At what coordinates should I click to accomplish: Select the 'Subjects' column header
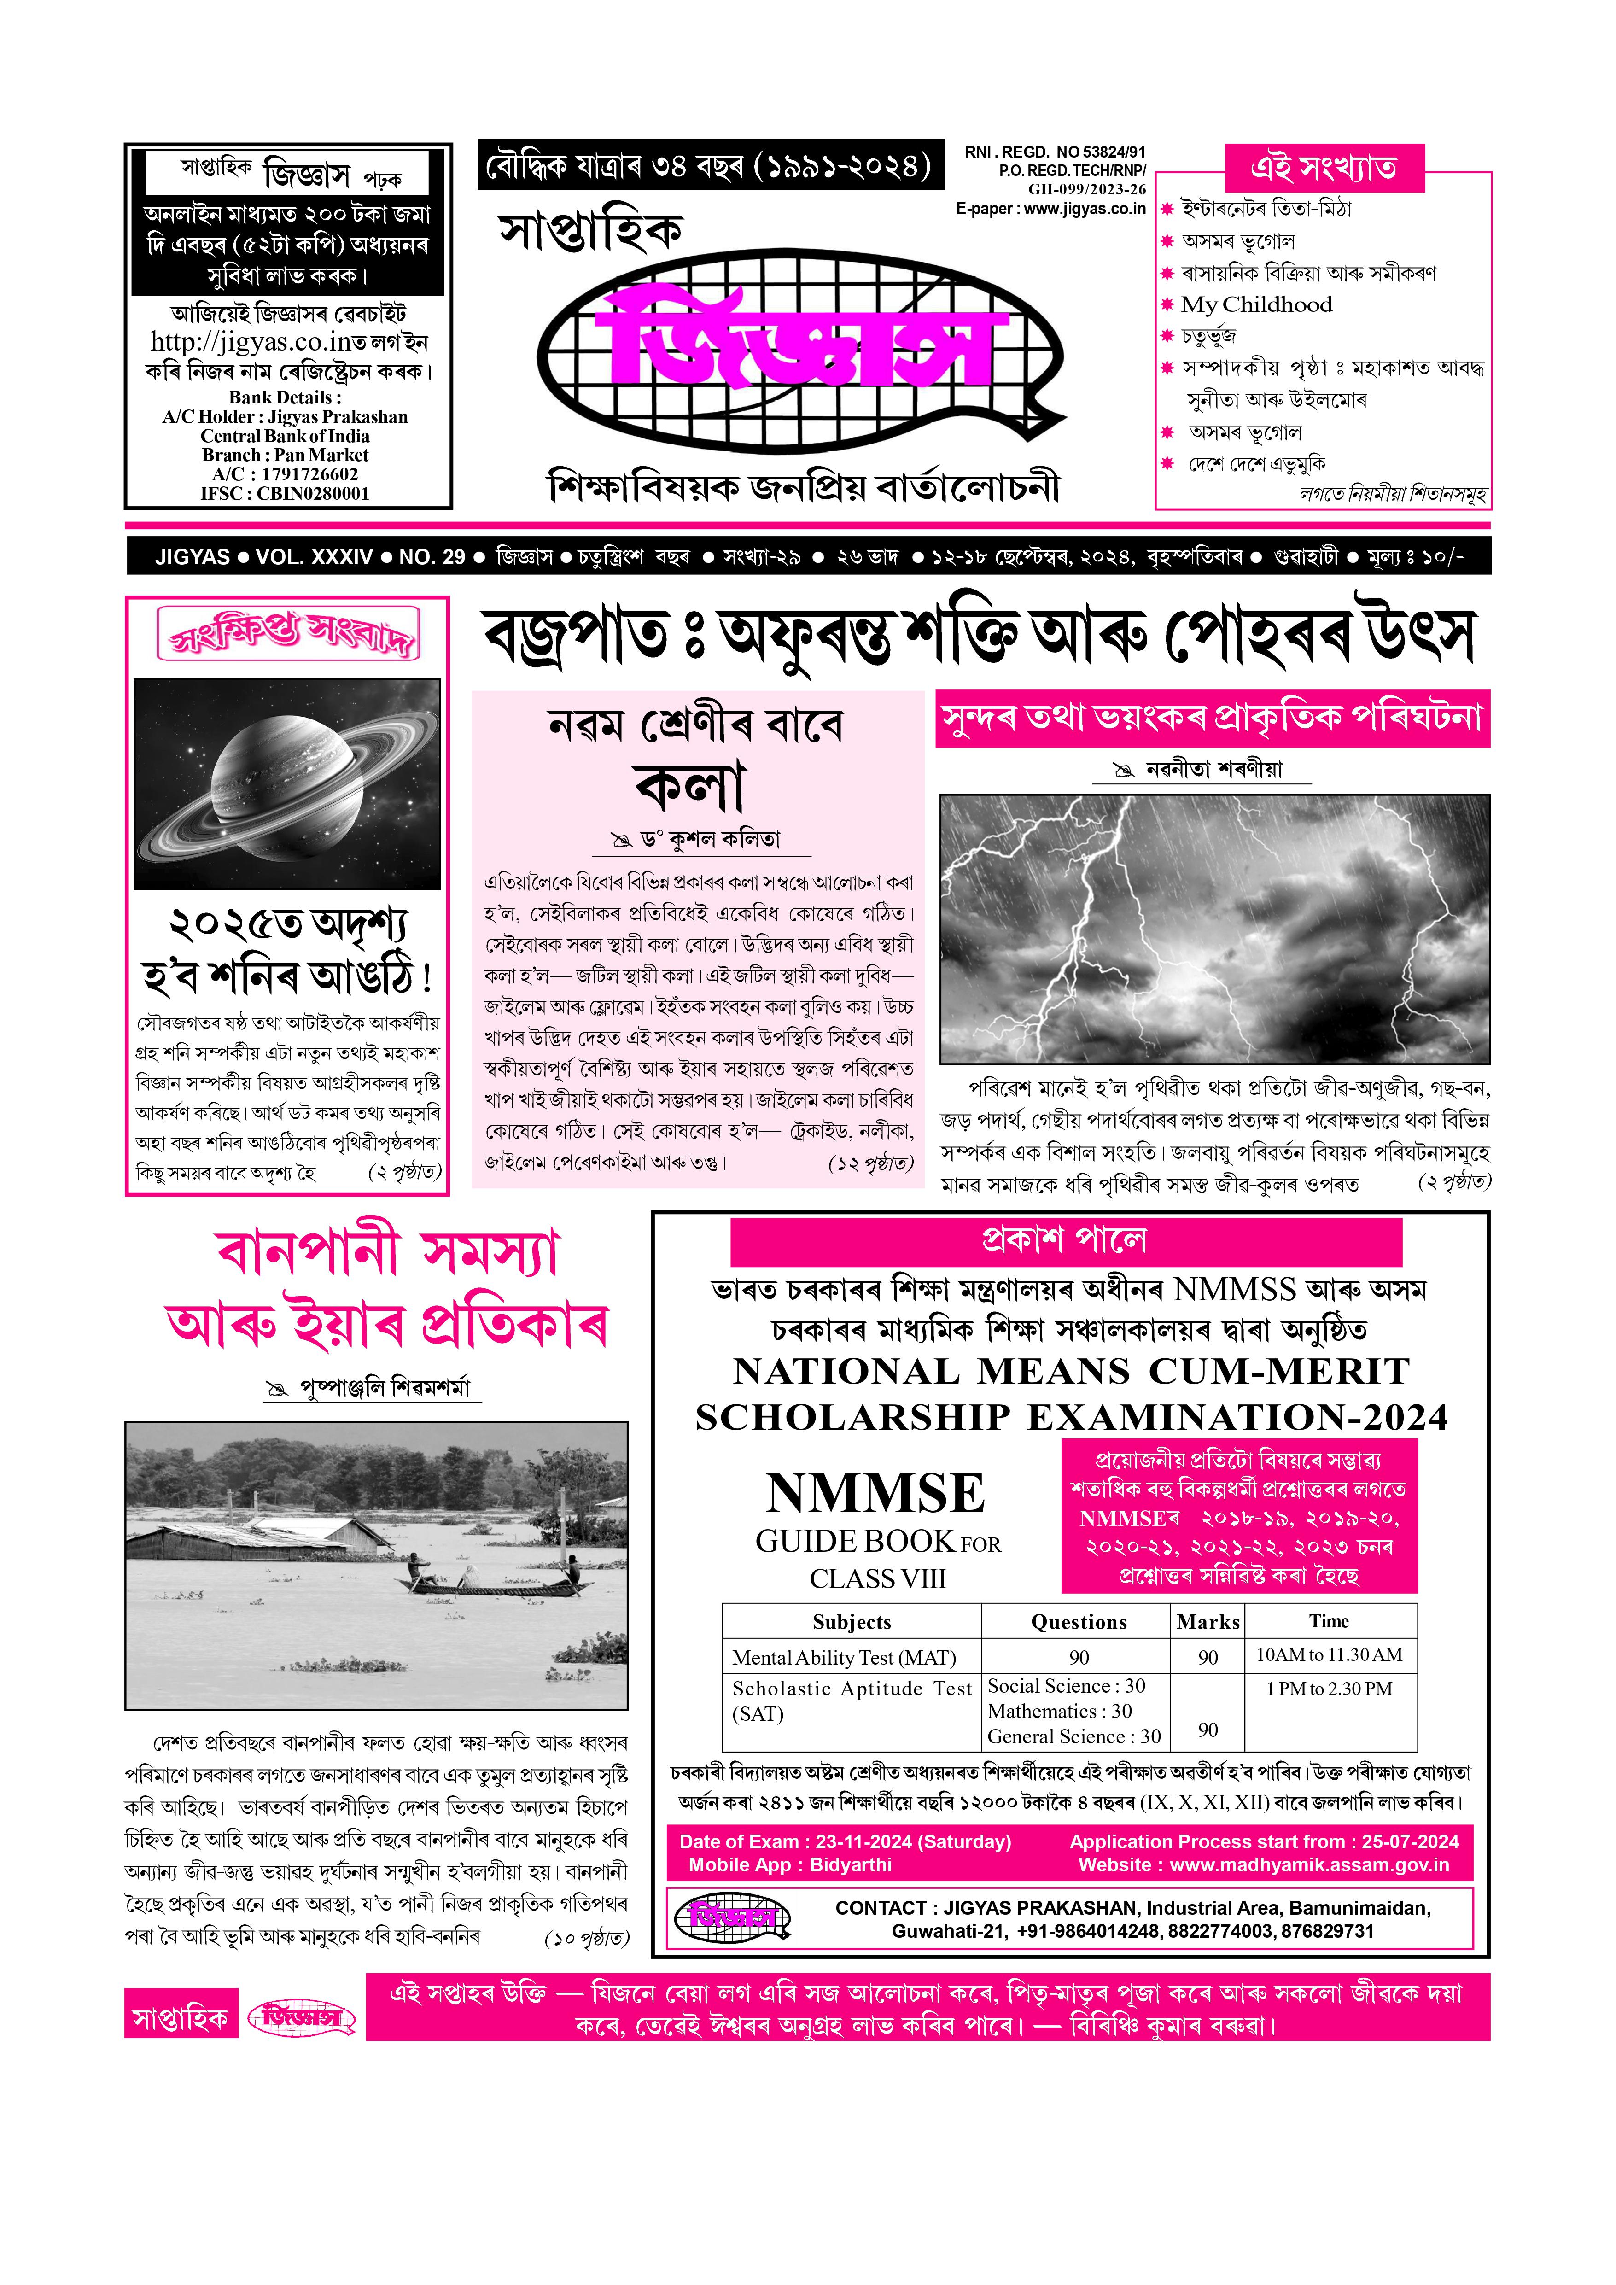click(x=852, y=1622)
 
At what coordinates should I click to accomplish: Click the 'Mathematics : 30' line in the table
click(x=1060, y=1712)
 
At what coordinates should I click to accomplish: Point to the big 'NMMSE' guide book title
click(x=875, y=1494)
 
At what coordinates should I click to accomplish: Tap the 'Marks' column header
click(x=1208, y=1622)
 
